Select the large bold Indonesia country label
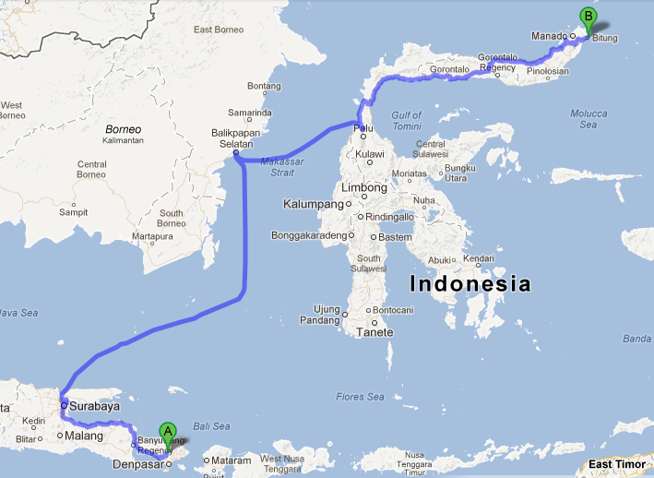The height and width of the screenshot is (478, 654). (x=470, y=283)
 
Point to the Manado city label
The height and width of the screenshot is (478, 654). (x=549, y=36)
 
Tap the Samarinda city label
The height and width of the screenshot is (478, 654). (x=251, y=114)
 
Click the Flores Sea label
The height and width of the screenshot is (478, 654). (x=361, y=397)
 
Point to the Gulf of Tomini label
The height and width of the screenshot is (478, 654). (x=407, y=120)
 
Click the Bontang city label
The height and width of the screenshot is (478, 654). (x=263, y=86)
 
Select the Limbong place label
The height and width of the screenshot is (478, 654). (x=364, y=187)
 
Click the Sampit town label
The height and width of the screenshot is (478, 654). (x=73, y=211)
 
